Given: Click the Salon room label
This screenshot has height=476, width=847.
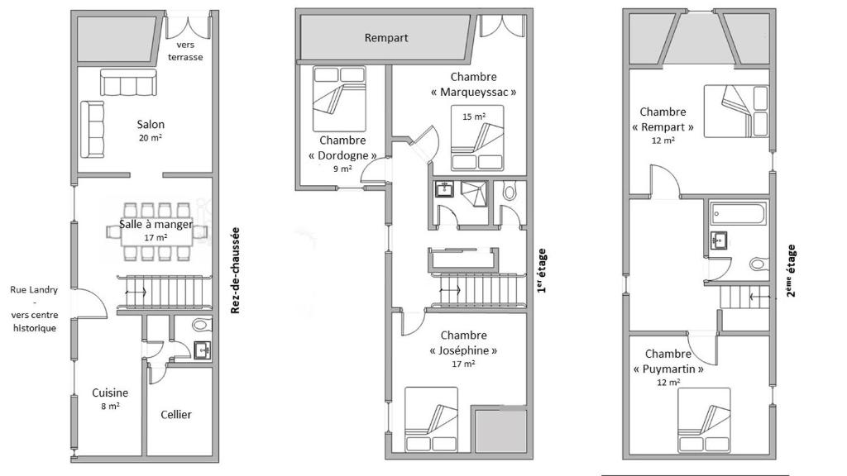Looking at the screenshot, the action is coord(151,124).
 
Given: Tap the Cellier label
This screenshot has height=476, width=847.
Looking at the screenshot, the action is coord(176,415).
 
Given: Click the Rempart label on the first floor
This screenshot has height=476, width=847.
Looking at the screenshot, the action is coord(386,38).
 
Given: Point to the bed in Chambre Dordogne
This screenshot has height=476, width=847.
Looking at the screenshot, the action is coord(339,99).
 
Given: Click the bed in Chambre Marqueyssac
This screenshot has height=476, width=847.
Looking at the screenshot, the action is coord(477,137).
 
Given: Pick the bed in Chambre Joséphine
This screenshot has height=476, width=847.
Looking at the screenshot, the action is coord(431,419).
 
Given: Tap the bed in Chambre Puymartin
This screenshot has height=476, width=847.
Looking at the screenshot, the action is coord(704,420).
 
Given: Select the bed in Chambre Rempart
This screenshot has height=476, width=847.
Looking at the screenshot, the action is coord(736,112).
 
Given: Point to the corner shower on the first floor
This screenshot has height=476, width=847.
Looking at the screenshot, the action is coord(474,194).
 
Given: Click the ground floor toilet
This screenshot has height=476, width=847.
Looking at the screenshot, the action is coord(202,325).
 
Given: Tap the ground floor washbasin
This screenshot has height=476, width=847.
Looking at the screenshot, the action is coord(203,350).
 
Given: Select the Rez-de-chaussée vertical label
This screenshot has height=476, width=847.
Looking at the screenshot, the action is coord(235,270).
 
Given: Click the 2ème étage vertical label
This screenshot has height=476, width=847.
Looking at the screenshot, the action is coord(791,271).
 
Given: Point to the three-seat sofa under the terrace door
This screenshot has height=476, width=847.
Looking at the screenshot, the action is coord(128,83).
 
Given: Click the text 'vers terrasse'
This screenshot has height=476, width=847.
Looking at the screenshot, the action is coord(185,51).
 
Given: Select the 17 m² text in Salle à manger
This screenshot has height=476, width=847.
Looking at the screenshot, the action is coord(156,237).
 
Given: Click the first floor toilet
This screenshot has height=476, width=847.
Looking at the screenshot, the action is coord(509,191).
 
